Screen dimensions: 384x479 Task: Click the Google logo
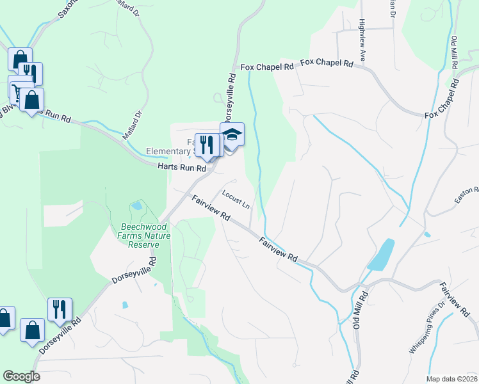pyautogui.click(x=21, y=376)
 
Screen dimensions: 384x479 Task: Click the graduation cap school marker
pyautogui.click(x=232, y=135)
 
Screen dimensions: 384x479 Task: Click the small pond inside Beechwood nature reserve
pyautogui.click(x=136, y=206)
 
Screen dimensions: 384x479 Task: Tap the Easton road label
pyautogui.click(x=467, y=196)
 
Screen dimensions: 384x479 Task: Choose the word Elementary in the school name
pyautogui.click(x=168, y=152)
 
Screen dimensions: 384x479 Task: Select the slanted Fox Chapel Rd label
pyautogui.click(x=442, y=97)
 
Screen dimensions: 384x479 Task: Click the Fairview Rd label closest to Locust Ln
pyautogui.click(x=211, y=208)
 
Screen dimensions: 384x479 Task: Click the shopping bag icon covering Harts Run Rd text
pyautogui.click(x=31, y=100)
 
